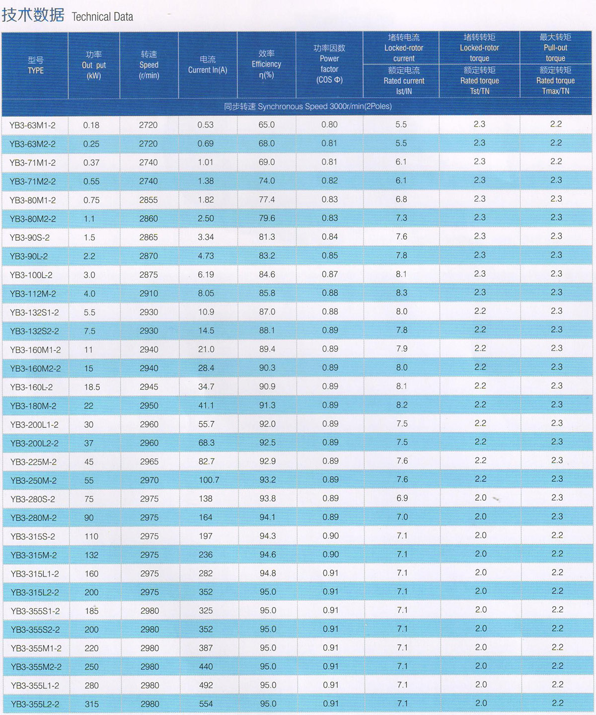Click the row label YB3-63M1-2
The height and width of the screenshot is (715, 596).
pos(32,125)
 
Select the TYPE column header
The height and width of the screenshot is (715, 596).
pos(36,66)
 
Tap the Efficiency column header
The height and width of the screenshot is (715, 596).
pos(266,64)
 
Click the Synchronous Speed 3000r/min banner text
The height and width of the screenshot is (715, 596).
pos(308,106)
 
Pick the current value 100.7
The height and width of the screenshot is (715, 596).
pos(209,480)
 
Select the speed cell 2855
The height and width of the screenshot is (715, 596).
pos(149,200)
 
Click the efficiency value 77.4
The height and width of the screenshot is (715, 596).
pos(267,200)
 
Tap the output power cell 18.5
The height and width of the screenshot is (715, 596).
pos(92,387)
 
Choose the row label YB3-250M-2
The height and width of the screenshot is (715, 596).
pos(34,481)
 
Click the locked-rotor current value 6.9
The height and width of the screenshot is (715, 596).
pos(402,498)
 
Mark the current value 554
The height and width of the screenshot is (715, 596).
pos(206,704)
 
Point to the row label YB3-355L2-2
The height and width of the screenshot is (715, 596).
pos(35,705)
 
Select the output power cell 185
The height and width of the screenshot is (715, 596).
pos(92,611)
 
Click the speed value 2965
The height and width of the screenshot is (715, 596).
pos(149,462)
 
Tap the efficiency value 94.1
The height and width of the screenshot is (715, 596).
pos(267,517)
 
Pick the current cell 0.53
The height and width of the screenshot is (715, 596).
pos(206,125)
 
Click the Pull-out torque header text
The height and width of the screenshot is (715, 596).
pos(555,48)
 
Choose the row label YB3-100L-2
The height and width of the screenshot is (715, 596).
pos(31,275)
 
